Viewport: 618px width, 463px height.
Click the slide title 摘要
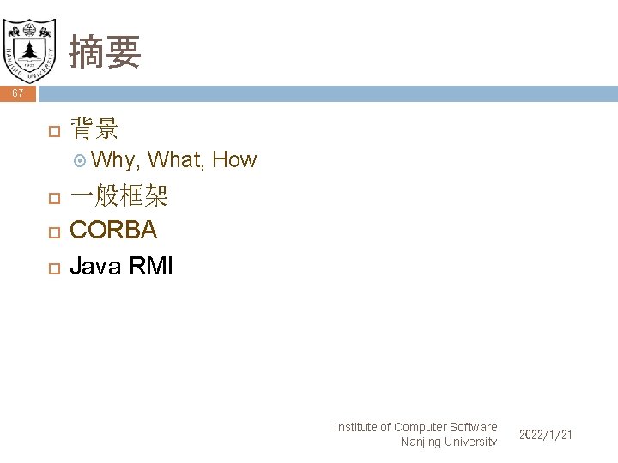(x=105, y=51)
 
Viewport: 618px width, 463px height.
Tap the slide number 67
(x=17, y=93)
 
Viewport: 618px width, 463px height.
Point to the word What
(x=175, y=159)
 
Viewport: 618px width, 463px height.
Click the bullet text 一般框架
(x=118, y=198)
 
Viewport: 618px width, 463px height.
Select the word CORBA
(x=113, y=231)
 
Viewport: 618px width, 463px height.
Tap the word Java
(x=94, y=266)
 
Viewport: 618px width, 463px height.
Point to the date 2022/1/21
(x=546, y=436)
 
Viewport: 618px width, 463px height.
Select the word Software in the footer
(x=473, y=427)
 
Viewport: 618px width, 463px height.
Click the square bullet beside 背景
(x=53, y=131)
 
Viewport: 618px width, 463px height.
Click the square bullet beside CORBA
(x=53, y=232)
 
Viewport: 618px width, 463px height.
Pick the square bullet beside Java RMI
(x=53, y=268)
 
